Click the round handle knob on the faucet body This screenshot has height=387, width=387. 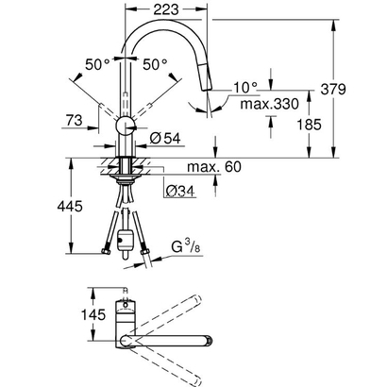pos(126,128)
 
